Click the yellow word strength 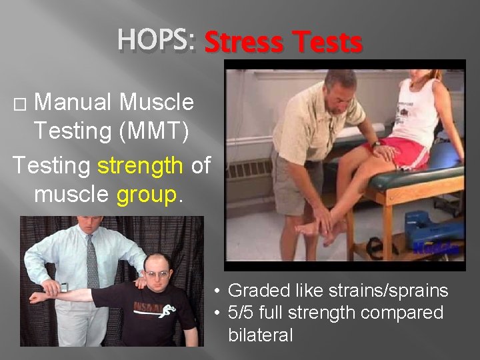[x=141, y=165]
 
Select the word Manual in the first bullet [x=74, y=102]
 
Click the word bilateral [x=260, y=335]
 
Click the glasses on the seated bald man [x=157, y=273]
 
